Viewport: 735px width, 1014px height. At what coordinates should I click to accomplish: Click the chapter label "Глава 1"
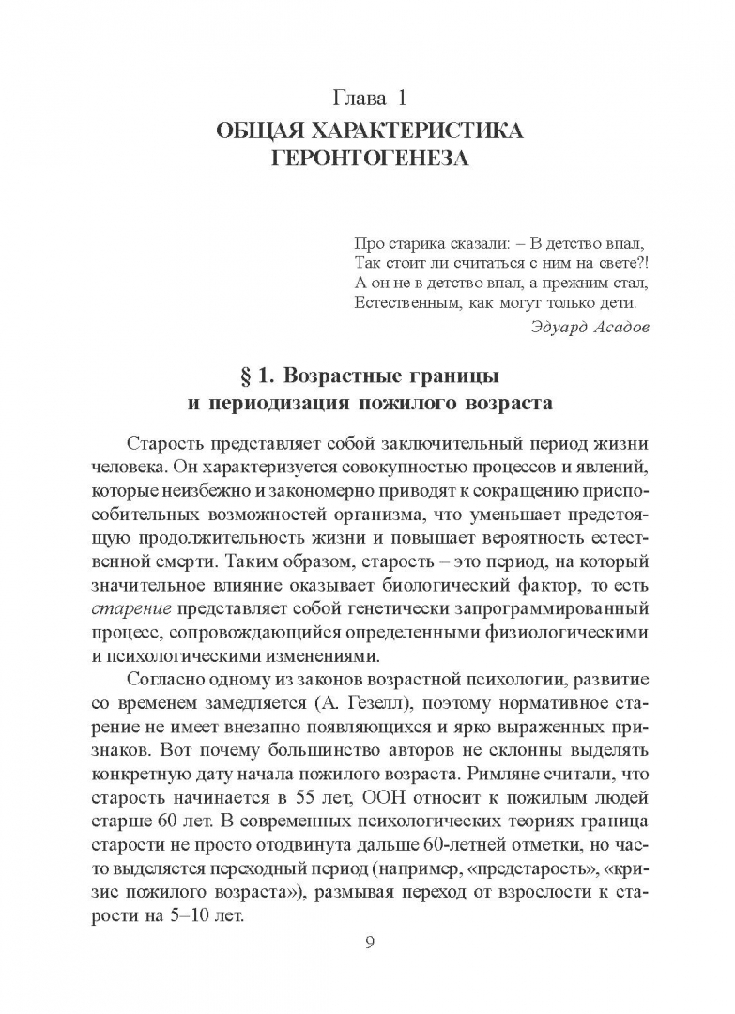click(x=368, y=98)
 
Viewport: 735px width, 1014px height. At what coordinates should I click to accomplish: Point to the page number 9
click(x=369, y=943)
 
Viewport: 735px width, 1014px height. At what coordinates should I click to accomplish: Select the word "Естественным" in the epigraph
click(x=406, y=302)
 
